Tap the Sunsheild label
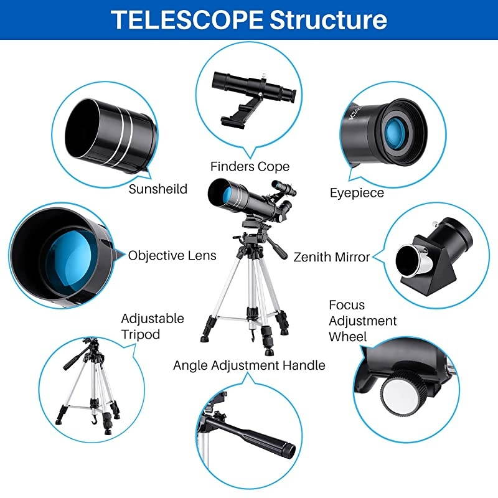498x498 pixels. [157, 189]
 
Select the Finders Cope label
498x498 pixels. [250, 167]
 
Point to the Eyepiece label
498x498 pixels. [357, 193]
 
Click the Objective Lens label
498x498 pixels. [172, 255]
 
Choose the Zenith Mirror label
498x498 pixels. [331, 256]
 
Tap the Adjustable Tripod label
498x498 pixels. [153, 326]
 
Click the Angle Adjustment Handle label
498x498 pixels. [249, 365]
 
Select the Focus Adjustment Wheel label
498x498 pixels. [362, 321]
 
